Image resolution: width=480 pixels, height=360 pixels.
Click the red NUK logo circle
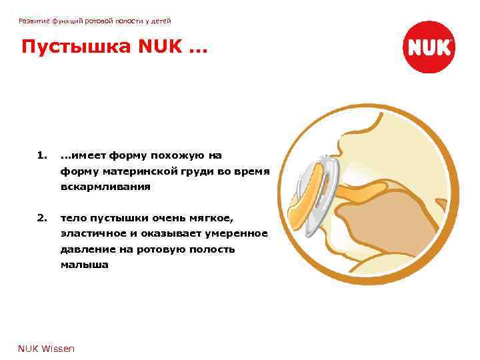click(x=430, y=47)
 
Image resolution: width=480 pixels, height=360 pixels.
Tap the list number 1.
click(x=42, y=155)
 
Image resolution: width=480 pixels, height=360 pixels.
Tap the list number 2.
click(x=42, y=217)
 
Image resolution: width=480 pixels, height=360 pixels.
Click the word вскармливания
click(x=105, y=187)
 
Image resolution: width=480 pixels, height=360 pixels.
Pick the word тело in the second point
click(x=72, y=217)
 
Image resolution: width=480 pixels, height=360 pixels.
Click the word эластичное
click(x=97, y=233)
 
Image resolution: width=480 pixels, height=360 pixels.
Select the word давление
click(x=87, y=249)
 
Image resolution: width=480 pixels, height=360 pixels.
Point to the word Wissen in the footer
click(x=59, y=348)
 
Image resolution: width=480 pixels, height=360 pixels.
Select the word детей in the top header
click(x=158, y=22)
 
